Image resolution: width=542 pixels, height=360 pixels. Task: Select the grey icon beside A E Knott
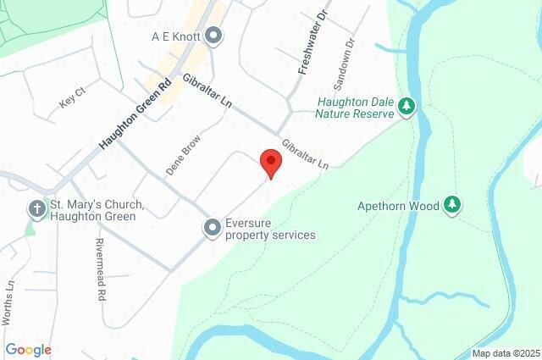pos(213,36)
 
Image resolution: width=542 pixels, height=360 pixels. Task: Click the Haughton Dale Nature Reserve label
pos(355,106)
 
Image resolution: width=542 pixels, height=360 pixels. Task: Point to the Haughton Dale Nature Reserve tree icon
pos(408,106)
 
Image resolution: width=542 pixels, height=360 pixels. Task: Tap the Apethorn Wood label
pos(397,205)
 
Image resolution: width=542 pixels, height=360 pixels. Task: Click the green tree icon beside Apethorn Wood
pos(453,205)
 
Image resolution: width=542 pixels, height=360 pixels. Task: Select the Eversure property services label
pos(269,229)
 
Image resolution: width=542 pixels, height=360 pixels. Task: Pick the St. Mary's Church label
pos(97,211)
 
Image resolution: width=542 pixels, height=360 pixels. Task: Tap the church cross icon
pos(36,208)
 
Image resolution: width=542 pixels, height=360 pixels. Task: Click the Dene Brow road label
pos(183,155)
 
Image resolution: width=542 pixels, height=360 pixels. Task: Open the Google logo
pos(28,350)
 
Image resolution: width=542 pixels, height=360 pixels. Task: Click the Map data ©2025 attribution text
pos(505,353)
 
